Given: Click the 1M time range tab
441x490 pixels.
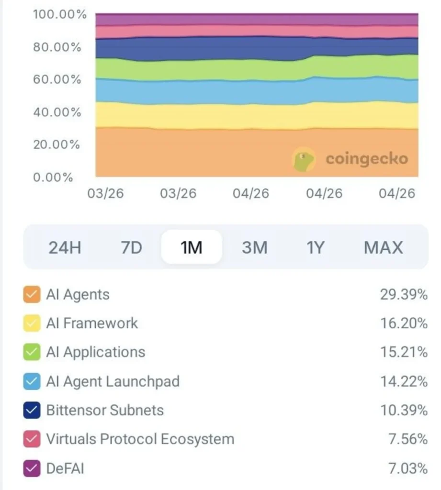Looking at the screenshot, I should coord(192,247).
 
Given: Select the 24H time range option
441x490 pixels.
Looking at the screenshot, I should coord(65,247).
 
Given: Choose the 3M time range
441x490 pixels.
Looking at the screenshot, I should coord(255,247).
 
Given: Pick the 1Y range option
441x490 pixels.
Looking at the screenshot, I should coord(315,247).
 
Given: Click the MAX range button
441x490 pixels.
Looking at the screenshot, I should coord(383,247).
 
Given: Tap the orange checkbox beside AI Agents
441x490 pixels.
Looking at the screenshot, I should coord(32,294).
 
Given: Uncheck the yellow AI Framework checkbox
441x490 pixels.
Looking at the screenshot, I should coord(32,323).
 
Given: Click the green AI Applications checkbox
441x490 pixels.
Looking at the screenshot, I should coord(32,352).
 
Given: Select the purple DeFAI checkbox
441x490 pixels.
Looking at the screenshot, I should coord(32,468).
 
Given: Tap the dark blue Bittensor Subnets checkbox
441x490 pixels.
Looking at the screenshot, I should coord(32,410).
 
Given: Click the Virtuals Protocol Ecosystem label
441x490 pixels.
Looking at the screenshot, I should coord(140,439).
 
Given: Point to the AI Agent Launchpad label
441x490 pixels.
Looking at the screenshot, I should coord(113,381).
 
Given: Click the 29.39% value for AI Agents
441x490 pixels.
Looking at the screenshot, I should coord(403,294).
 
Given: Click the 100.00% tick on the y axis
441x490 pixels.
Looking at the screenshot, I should coord(59,14).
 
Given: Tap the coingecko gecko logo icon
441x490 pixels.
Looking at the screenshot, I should coord(304,159).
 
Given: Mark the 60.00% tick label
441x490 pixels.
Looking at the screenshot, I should coord(57,79).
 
